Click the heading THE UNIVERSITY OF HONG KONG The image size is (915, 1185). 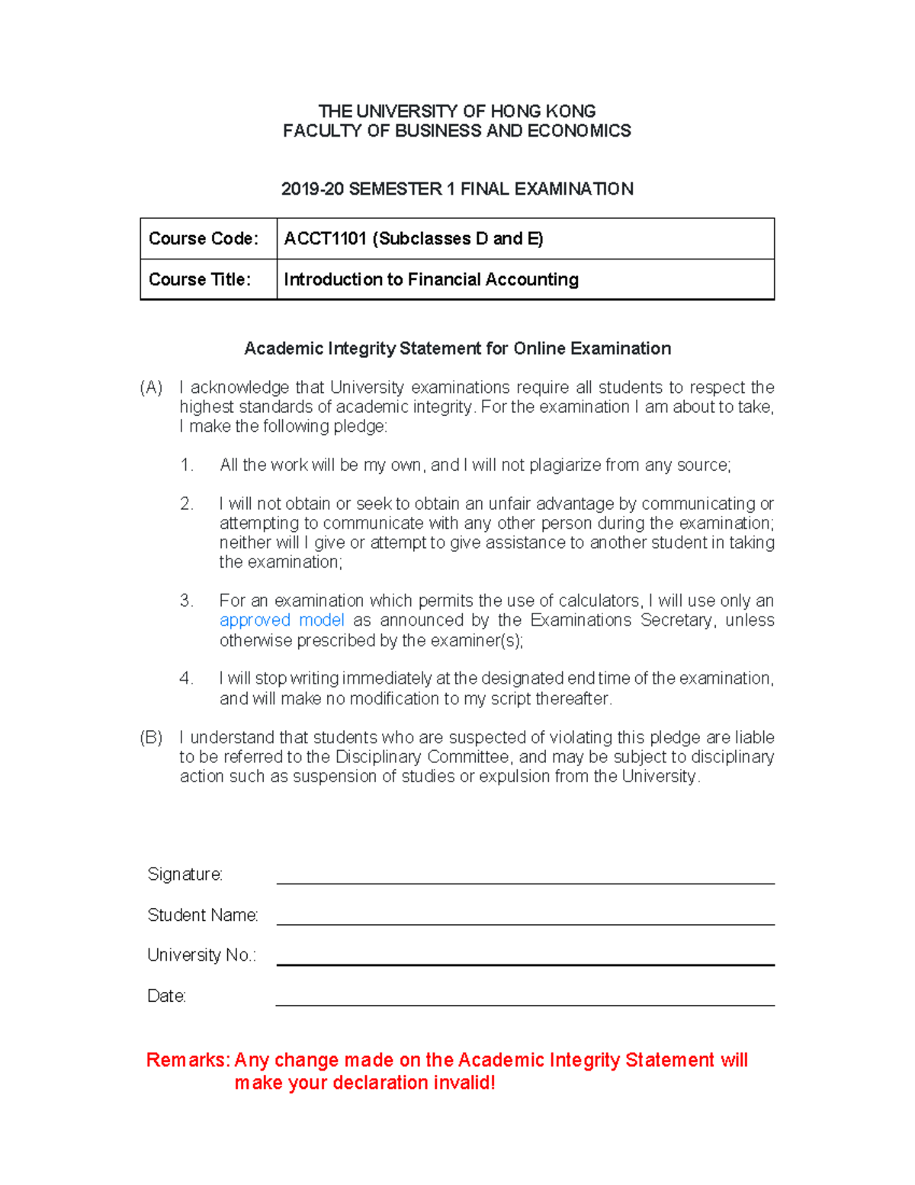457,111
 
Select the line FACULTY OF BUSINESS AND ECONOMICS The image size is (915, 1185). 457,131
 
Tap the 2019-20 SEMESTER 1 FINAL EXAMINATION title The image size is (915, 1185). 457,189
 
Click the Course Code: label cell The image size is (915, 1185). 204,239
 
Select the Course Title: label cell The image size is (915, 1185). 200,280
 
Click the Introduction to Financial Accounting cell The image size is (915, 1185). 431,280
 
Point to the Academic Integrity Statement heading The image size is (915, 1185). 457,349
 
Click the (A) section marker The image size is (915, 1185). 151,388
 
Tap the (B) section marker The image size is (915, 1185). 151,738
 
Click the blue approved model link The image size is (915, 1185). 281,620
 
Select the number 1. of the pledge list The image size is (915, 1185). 187,465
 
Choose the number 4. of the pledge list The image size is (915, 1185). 187,678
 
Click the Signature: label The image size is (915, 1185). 185,874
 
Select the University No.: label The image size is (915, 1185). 201,955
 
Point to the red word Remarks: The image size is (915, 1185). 188,1061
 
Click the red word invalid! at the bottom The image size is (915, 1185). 464,1084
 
